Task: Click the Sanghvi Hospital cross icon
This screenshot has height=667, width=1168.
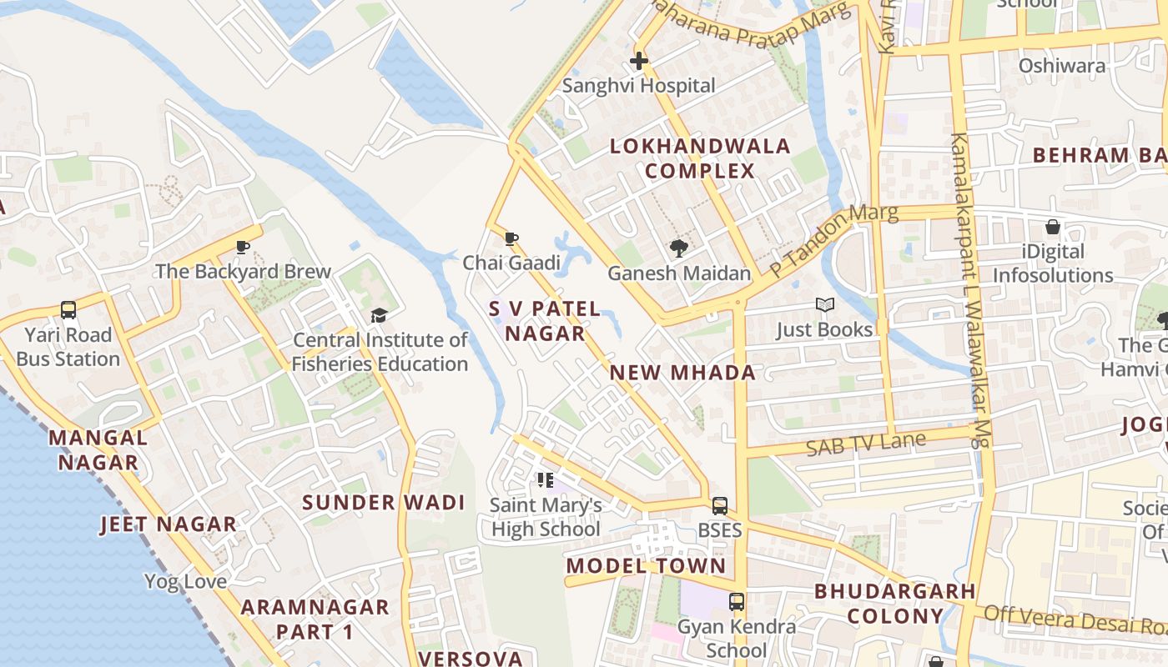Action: click(x=639, y=61)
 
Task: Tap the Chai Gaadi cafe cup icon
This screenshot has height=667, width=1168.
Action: click(x=511, y=239)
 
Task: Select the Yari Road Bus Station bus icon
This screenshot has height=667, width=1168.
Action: click(x=68, y=310)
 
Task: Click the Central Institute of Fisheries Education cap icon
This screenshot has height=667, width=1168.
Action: click(x=380, y=315)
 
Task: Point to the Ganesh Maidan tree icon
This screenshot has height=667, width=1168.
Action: click(x=679, y=248)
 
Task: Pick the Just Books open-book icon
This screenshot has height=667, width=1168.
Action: click(x=824, y=305)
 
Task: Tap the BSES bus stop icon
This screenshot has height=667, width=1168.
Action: click(x=719, y=505)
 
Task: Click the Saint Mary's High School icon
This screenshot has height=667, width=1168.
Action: click(x=546, y=480)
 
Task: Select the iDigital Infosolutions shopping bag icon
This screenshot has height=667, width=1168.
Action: click(x=1053, y=227)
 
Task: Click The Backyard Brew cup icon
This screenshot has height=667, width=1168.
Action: click(x=243, y=247)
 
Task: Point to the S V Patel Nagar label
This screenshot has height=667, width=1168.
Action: click(x=545, y=321)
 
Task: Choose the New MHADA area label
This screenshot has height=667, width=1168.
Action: click(x=683, y=373)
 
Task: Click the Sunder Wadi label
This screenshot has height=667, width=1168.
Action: click(x=384, y=503)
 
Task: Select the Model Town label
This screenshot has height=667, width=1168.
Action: click(x=647, y=566)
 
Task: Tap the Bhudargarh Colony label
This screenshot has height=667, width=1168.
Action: click(x=895, y=604)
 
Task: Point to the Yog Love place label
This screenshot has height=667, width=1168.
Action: click(x=185, y=581)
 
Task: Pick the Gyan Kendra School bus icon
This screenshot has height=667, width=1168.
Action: click(x=737, y=602)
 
